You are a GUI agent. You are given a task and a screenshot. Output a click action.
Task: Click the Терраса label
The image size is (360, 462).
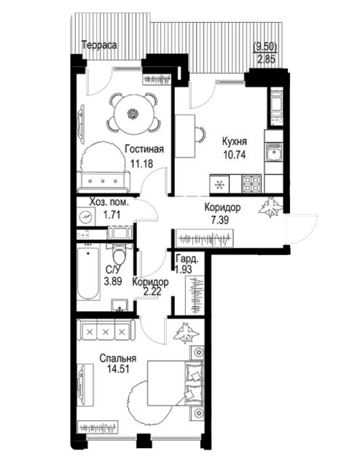[x=99, y=45]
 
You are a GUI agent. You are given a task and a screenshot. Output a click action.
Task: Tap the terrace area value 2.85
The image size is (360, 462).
[x=266, y=60]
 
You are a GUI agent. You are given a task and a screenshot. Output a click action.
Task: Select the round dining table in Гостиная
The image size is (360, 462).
[x=133, y=114]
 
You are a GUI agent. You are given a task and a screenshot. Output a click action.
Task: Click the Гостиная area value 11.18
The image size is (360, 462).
[x=142, y=163]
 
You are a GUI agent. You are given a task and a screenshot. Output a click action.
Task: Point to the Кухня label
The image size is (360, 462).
[x=234, y=141]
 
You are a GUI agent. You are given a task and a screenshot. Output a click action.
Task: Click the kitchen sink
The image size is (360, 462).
[x=274, y=152]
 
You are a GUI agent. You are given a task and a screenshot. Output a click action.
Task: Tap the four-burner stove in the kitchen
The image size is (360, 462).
[x=252, y=183]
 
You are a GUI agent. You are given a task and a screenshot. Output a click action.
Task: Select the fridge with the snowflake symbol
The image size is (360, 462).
[x=219, y=184]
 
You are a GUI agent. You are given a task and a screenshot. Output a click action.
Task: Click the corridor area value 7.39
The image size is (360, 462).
[x=220, y=219]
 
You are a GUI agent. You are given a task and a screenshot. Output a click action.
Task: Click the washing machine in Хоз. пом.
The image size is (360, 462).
[x=86, y=216]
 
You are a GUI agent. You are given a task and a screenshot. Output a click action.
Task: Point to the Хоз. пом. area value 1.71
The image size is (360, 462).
[x=112, y=214]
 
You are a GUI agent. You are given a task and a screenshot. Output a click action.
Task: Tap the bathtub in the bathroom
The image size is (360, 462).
[x=87, y=274]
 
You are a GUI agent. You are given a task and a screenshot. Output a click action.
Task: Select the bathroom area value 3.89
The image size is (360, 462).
[x=113, y=281]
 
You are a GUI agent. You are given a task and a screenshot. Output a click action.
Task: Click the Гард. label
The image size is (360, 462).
[x=187, y=259]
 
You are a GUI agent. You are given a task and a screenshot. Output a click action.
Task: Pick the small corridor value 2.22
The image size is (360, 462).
[x=152, y=292]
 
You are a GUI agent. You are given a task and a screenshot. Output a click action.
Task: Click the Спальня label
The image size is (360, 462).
[x=118, y=359]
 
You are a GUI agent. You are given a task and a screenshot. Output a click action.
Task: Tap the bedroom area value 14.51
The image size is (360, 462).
[x=118, y=369]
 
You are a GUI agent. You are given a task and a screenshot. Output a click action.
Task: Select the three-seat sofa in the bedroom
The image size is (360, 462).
[x=106, y=331]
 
